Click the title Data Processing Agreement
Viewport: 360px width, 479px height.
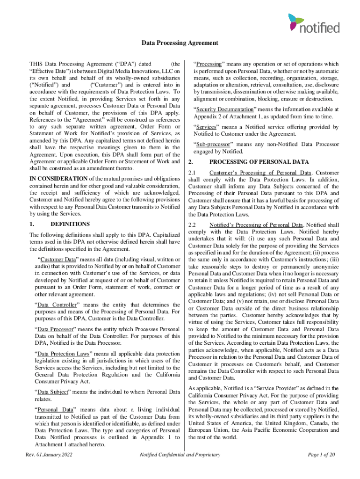pyautogui.click(x=180, y=43)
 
